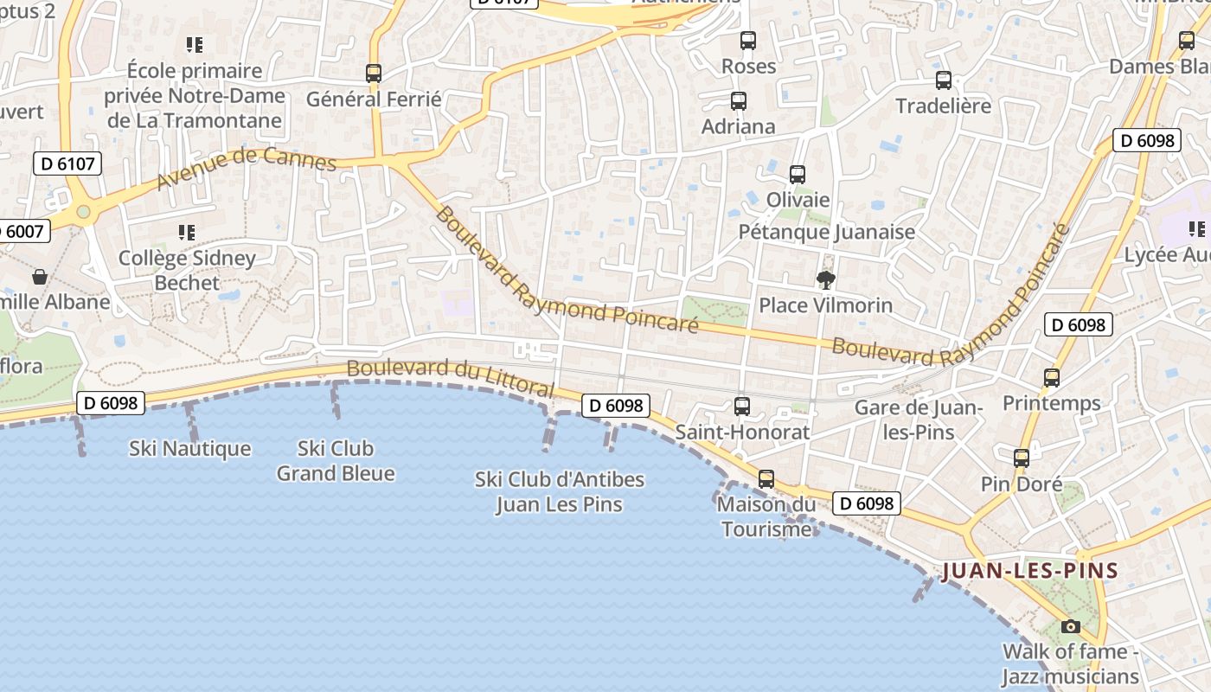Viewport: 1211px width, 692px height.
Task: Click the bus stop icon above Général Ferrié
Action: click(x=374, y=74)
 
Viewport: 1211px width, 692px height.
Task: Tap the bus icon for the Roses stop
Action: click(x=748, y=41)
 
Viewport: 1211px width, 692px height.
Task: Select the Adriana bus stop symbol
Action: click(x=738, y=101)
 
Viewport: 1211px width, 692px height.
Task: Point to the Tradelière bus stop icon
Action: click(x=943, y=80)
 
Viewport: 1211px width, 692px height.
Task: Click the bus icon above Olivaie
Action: click(x=798, y=175)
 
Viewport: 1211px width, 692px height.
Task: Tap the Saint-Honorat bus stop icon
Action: click(x=741, y=407)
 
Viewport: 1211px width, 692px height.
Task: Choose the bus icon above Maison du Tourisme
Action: click(x=766, y=479)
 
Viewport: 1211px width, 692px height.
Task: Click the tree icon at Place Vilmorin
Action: click(x=825, y=279)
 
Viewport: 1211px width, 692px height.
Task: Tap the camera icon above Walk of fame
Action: click(x=1071, y=626)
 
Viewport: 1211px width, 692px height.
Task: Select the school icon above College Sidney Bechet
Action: click(x=187, y=233)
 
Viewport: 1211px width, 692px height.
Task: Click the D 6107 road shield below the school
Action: click(x=67, y=163)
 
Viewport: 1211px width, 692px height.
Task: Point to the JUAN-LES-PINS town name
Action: click(x=1030, y=571)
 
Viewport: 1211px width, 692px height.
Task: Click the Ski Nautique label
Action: click(x=190, y=448)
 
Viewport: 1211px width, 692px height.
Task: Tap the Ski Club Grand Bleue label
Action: click(x=336, y=461)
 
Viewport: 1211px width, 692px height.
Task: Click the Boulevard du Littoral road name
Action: click(x=450, y=379)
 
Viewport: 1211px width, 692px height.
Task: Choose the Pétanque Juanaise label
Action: click(x=826, y=232)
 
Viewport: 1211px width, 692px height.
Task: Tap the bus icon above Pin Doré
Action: click(x=1022, y=458)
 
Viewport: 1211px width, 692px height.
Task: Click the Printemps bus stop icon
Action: click(x=1051, y=378)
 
